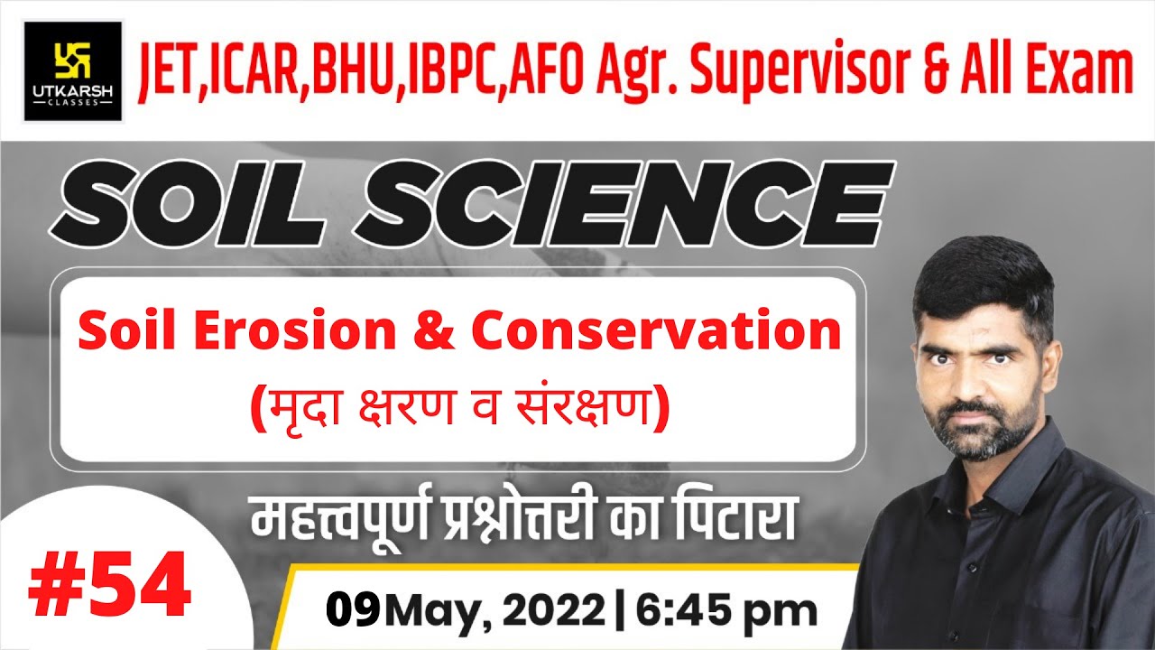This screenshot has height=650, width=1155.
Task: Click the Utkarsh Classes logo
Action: tap(72, 70)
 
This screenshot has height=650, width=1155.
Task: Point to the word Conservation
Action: tap(656, 331)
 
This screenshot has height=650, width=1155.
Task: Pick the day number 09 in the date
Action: tap(354, 611)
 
